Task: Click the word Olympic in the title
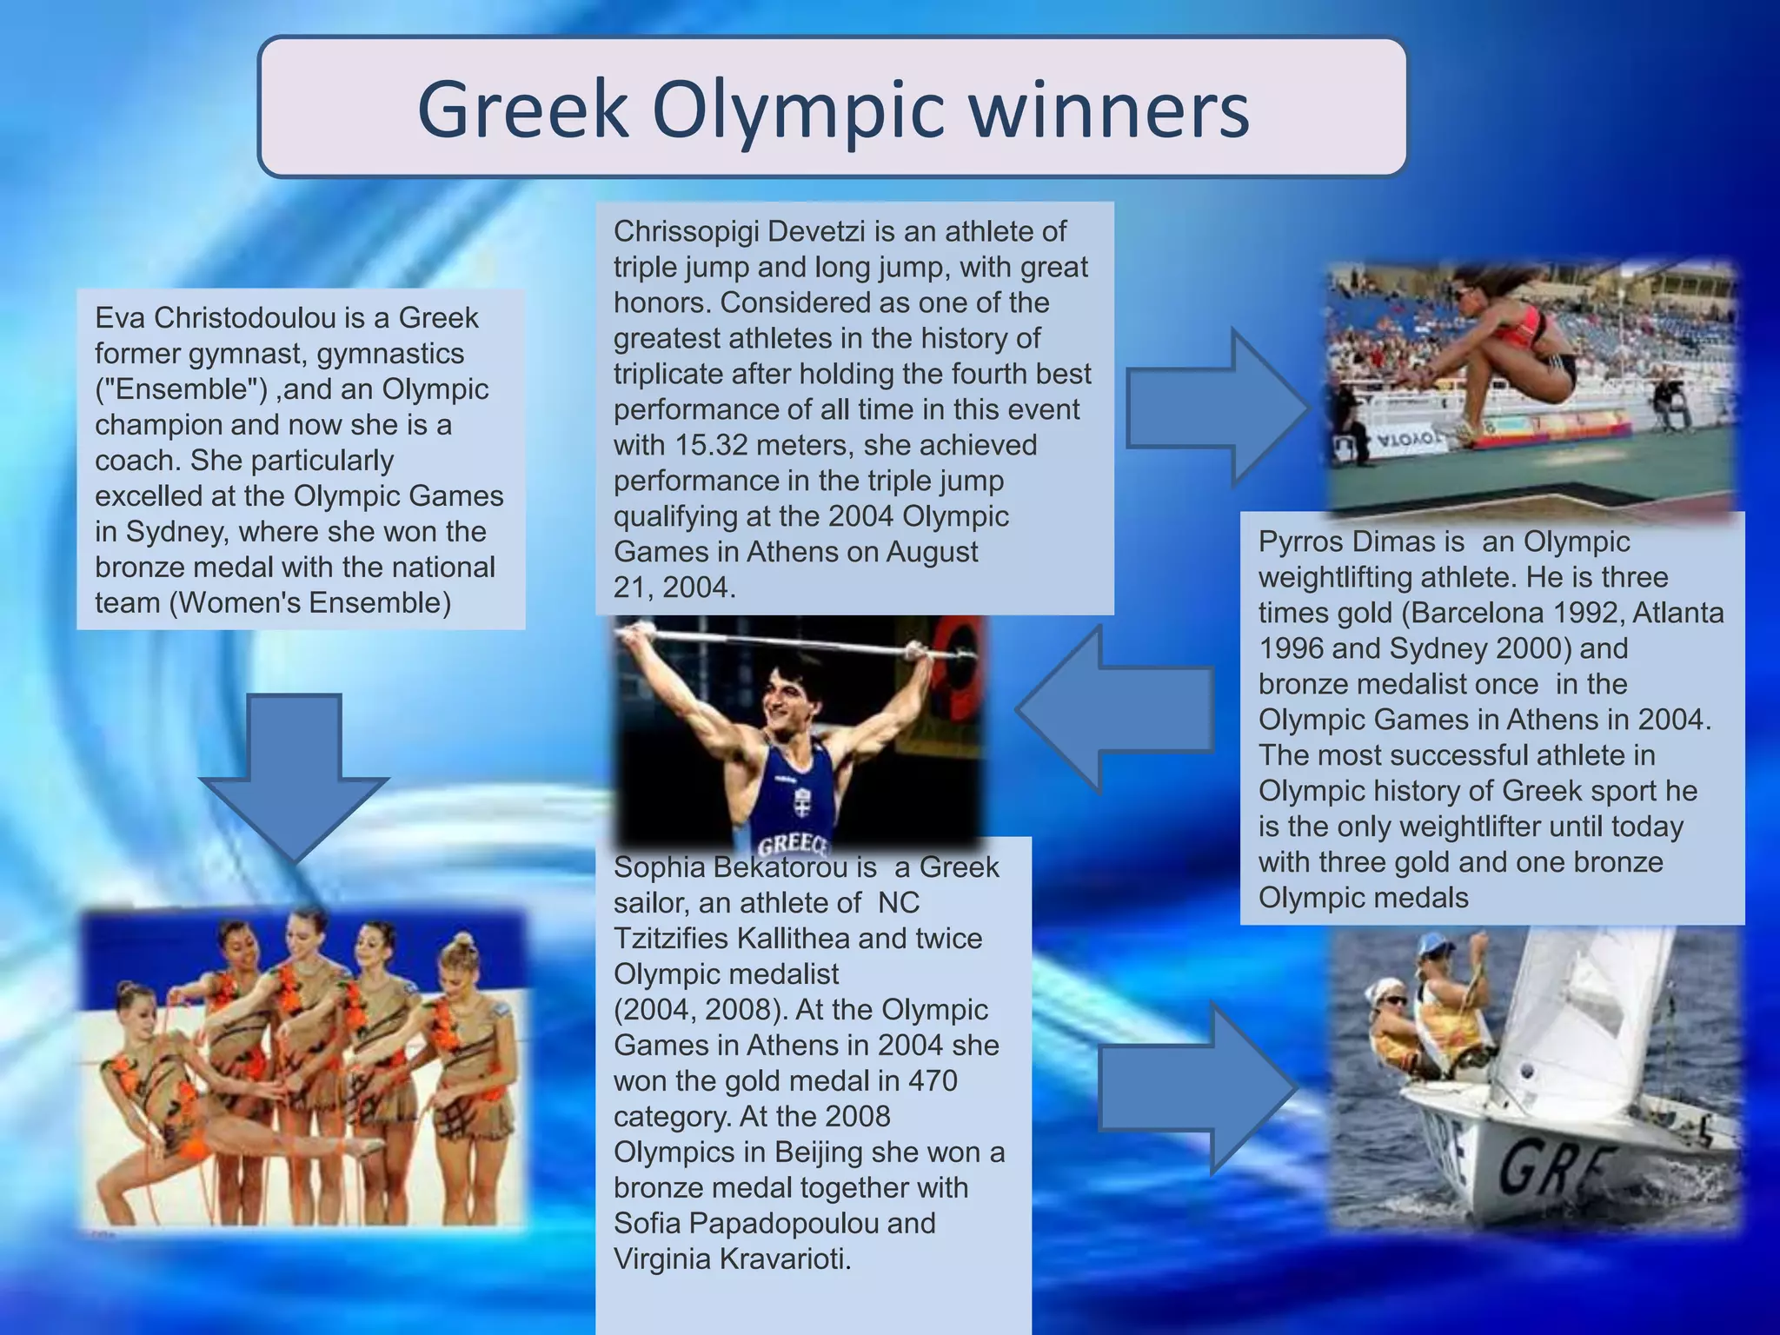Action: click(798, 110)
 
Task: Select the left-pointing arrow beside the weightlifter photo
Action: click(1112, 709)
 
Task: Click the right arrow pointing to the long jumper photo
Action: click(1217, 407)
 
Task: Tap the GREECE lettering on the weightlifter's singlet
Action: click(793, 844)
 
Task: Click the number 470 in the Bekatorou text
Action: click(933, 1080)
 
